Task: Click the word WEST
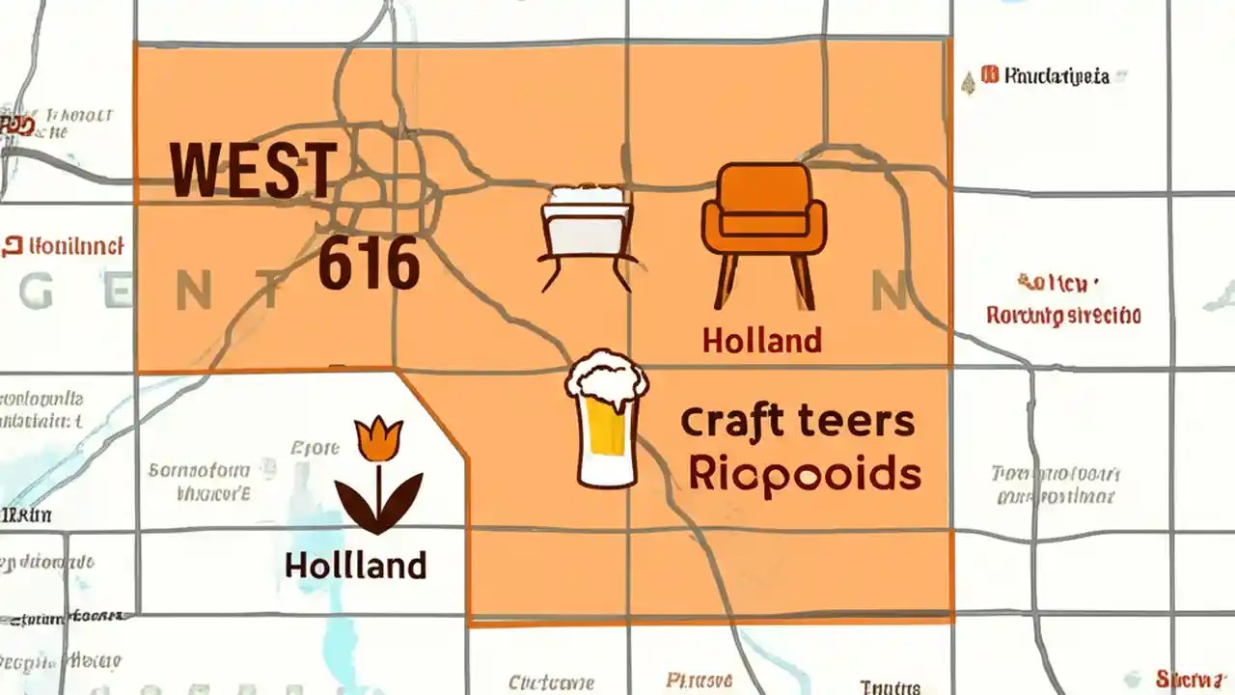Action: coord(254,170)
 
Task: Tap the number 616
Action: coord(369,264)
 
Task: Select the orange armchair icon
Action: coord(763,232)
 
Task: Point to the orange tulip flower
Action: coord(377,438)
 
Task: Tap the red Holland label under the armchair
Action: coord(761,340)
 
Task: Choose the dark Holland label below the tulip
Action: coord(355,565)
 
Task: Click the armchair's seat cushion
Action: coord(763,225)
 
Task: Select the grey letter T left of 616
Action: coord(271,292)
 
